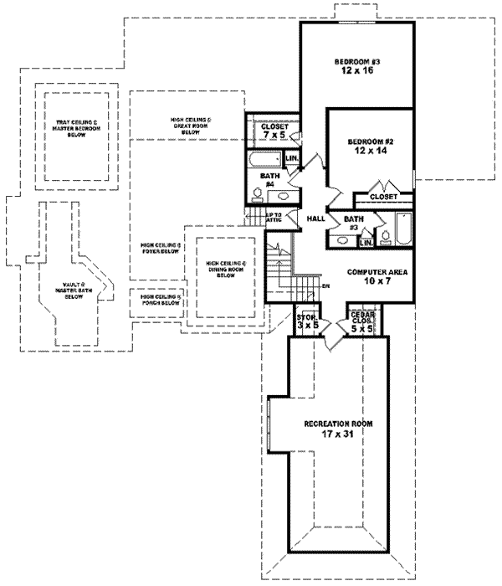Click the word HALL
[315, 218]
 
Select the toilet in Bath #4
[259, 196]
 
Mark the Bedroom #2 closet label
[383, 196]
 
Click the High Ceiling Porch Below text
[161, 300]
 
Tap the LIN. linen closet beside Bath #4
[292, 157]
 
